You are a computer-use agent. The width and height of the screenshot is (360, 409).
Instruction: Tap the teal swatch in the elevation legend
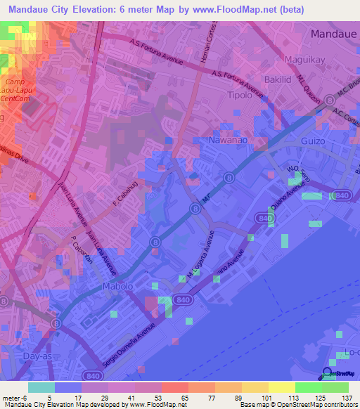pyautogui.click(x=41, y=387)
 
